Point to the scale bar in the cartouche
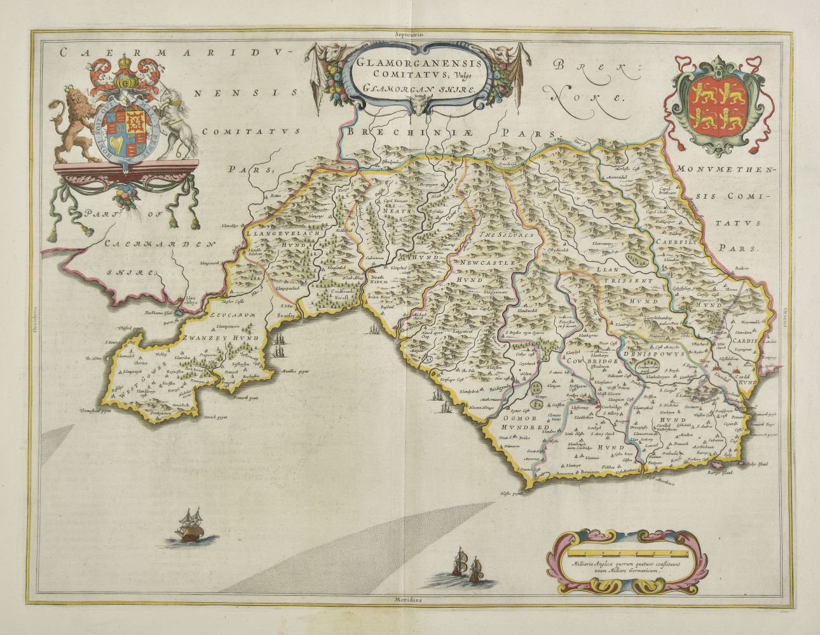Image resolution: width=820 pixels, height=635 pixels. (616, 561)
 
